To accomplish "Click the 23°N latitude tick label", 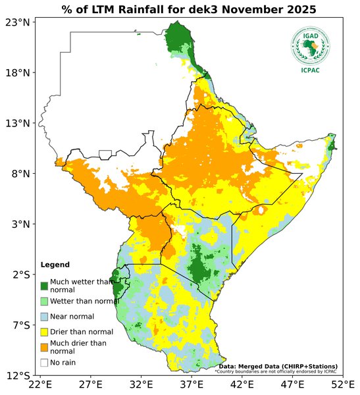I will coord(18,22).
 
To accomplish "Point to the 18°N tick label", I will coord(18,73).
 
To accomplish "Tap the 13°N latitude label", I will coord(18,124).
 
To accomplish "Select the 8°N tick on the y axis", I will coord(20,174).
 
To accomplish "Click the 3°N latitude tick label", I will coord(20,224).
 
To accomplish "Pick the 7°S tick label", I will coord(20,325).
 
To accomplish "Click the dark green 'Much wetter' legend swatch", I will coord(44,286).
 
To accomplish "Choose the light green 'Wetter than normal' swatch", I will coord(44,301).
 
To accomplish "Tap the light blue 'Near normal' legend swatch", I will coord(44,317).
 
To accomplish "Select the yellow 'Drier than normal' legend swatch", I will coord(44,332).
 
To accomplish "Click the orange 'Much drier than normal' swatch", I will coord(44,347).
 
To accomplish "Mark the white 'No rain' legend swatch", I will coord(44,362).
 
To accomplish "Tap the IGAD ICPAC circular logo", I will coord(310,45).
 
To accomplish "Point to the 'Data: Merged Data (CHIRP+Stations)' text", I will coord(278,366).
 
